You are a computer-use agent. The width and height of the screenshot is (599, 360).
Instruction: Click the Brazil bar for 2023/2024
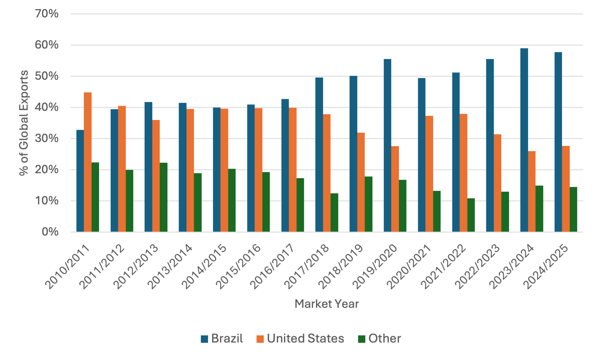click(524, 140)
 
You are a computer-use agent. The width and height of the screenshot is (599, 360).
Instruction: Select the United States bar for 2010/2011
click(88, 162)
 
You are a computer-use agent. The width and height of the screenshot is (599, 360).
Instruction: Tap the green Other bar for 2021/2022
click(471, 215)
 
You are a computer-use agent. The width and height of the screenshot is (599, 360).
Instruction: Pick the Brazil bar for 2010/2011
click(80, 181)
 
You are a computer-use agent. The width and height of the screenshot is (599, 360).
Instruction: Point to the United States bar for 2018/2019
click(361, 182)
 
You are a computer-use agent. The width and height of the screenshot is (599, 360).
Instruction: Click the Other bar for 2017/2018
click(334, 213)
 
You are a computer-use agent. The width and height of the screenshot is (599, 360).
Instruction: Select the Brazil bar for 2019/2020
click(387, 145)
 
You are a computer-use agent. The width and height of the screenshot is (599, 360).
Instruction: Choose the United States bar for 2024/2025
click(566, 189)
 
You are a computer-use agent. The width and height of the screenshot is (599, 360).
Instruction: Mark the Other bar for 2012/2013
click(164, 197)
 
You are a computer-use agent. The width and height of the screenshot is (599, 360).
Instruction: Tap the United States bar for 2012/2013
click(156, 176)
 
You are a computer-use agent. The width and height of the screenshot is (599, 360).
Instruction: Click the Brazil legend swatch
click(204, 339)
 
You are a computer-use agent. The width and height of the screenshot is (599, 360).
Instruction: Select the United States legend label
click(306, 338)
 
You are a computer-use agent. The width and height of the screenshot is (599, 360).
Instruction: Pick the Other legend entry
click(379, 338)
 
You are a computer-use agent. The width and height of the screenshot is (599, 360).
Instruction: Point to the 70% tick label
click(47, 14)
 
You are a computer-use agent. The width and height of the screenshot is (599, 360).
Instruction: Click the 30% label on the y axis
click(47, 138)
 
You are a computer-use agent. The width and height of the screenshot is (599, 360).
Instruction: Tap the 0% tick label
click(50, 232)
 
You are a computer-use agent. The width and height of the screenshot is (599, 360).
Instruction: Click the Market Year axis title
click(327, 304)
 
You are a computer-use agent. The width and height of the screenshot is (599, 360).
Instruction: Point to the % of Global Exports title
click(24, 123)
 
